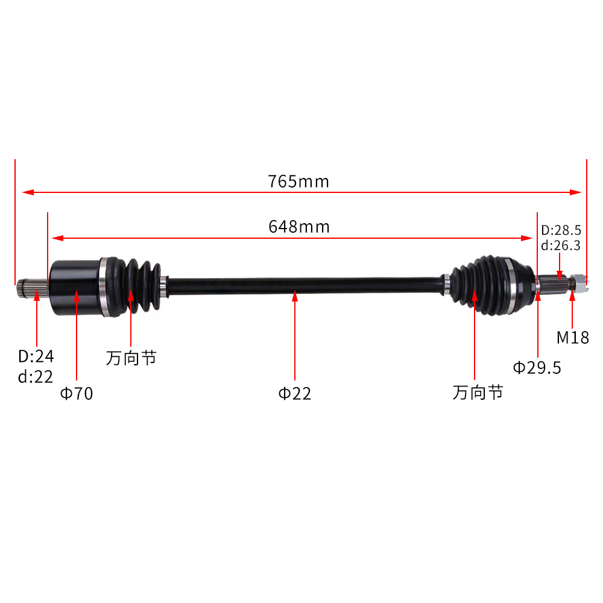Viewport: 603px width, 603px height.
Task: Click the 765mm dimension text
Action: click(298, 181)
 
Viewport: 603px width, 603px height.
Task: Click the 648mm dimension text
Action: click(298, 227)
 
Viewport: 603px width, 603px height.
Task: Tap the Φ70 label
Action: click(77, 394)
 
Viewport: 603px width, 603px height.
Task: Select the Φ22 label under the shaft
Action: click(295, 394)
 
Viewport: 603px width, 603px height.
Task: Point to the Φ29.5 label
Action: click(537, 367)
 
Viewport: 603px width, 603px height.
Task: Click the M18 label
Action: click(572, 337)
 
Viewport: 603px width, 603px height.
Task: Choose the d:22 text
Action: click(36, 377)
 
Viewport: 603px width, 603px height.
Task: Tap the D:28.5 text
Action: click(561, 230)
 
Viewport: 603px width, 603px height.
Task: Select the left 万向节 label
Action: click(131, 358)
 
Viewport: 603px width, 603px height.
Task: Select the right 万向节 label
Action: click(478, 393)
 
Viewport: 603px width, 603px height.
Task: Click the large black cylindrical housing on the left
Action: click(74, 286)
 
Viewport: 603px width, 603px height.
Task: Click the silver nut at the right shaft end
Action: click(576, 283)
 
